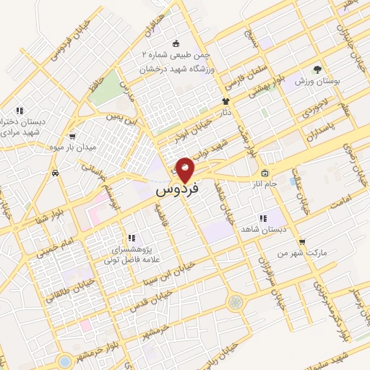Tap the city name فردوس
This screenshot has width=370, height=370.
[175, 192]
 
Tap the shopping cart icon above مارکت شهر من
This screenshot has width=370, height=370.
[301, 242]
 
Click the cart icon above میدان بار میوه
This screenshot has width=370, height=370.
[73, 136]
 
